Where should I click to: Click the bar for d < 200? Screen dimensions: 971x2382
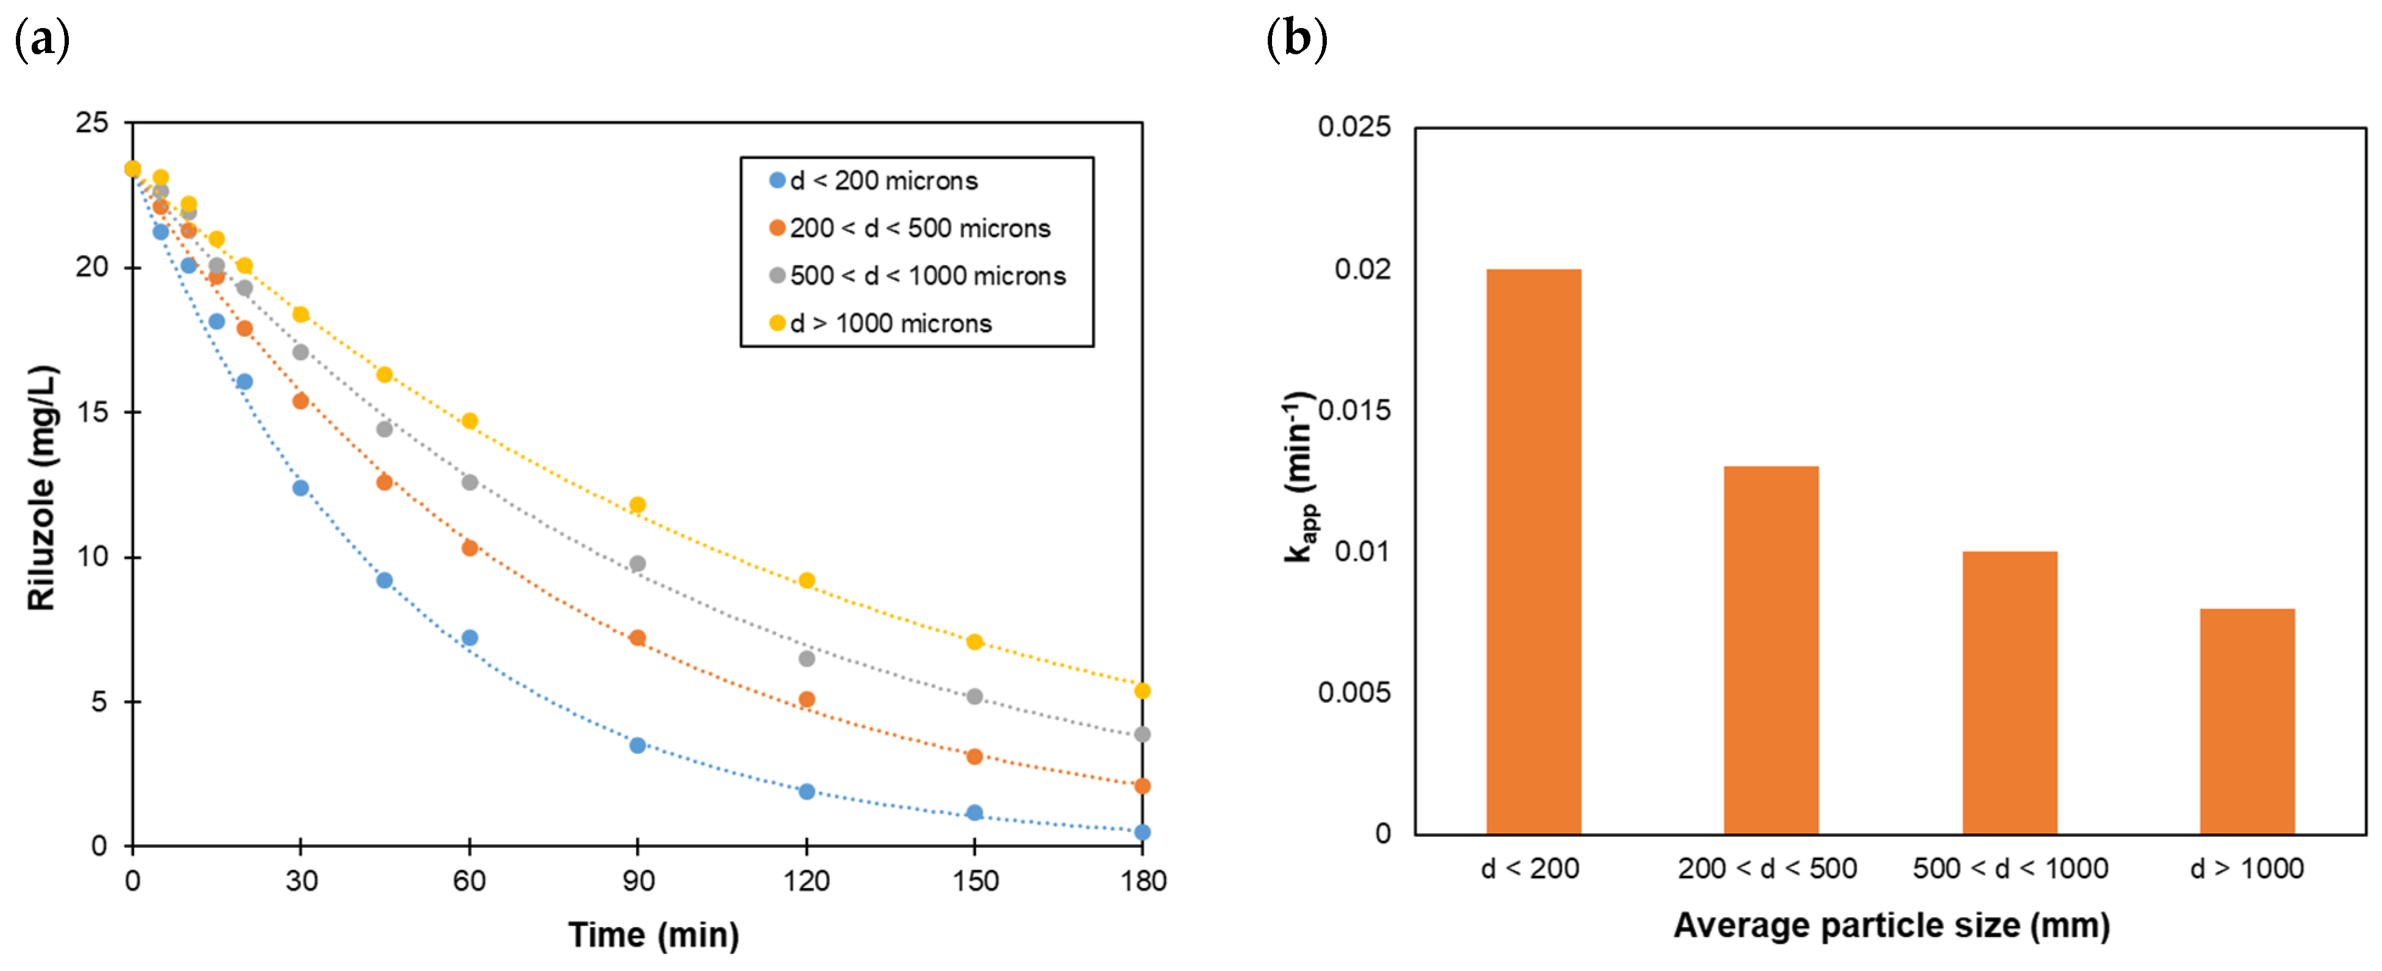1533,552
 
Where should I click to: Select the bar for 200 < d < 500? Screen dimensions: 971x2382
1771,650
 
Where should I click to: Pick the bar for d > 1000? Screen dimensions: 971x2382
2247,721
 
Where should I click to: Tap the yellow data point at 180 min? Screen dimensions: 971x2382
1142,691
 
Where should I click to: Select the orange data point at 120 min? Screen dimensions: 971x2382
807,699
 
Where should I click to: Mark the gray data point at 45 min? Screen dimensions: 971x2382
384,429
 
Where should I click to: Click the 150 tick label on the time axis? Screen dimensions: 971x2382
975,880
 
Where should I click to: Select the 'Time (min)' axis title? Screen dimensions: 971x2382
654,935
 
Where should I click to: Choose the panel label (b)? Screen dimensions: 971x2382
1296,40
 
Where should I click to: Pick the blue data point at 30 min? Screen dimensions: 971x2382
300,488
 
